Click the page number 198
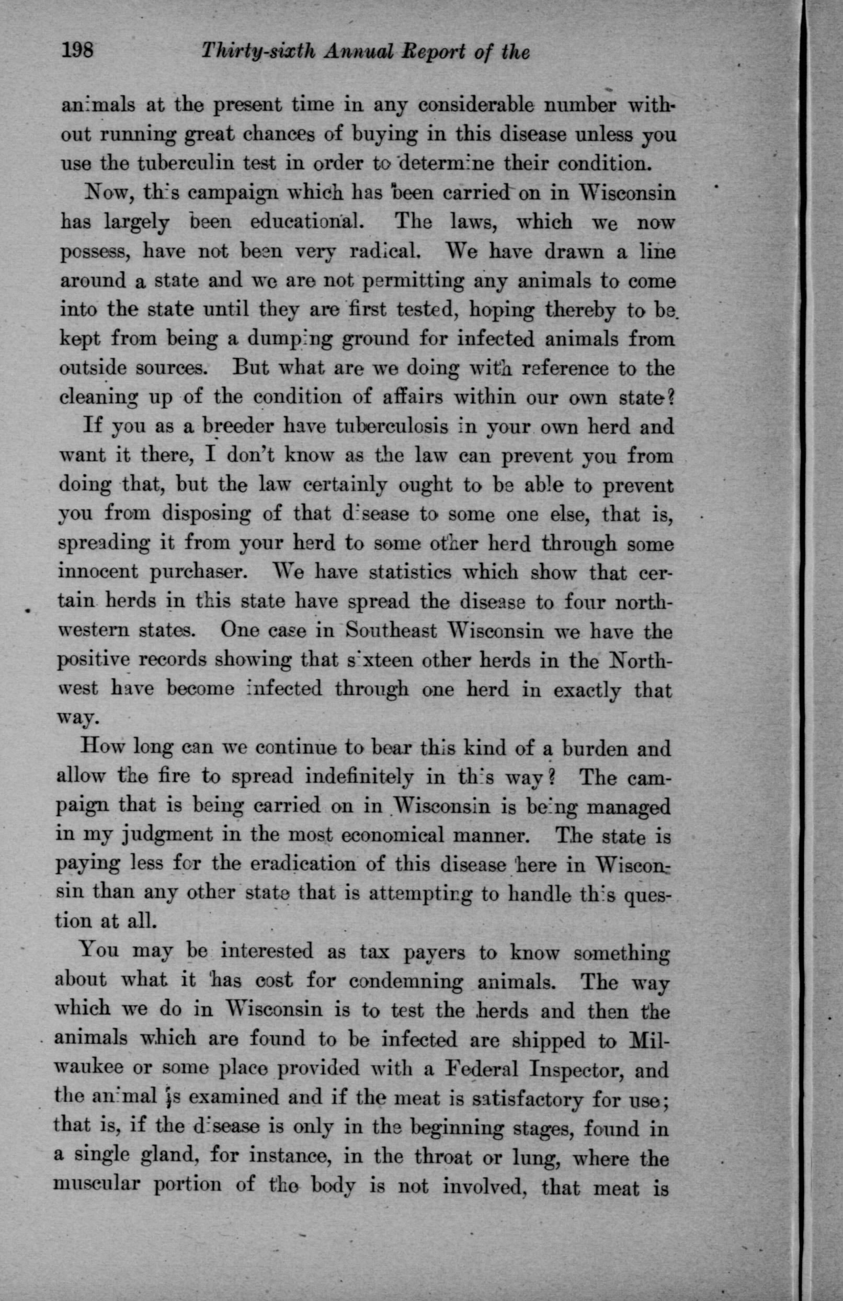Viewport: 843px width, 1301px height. click(78, 52)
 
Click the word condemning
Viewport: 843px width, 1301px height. click(406, 981)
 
